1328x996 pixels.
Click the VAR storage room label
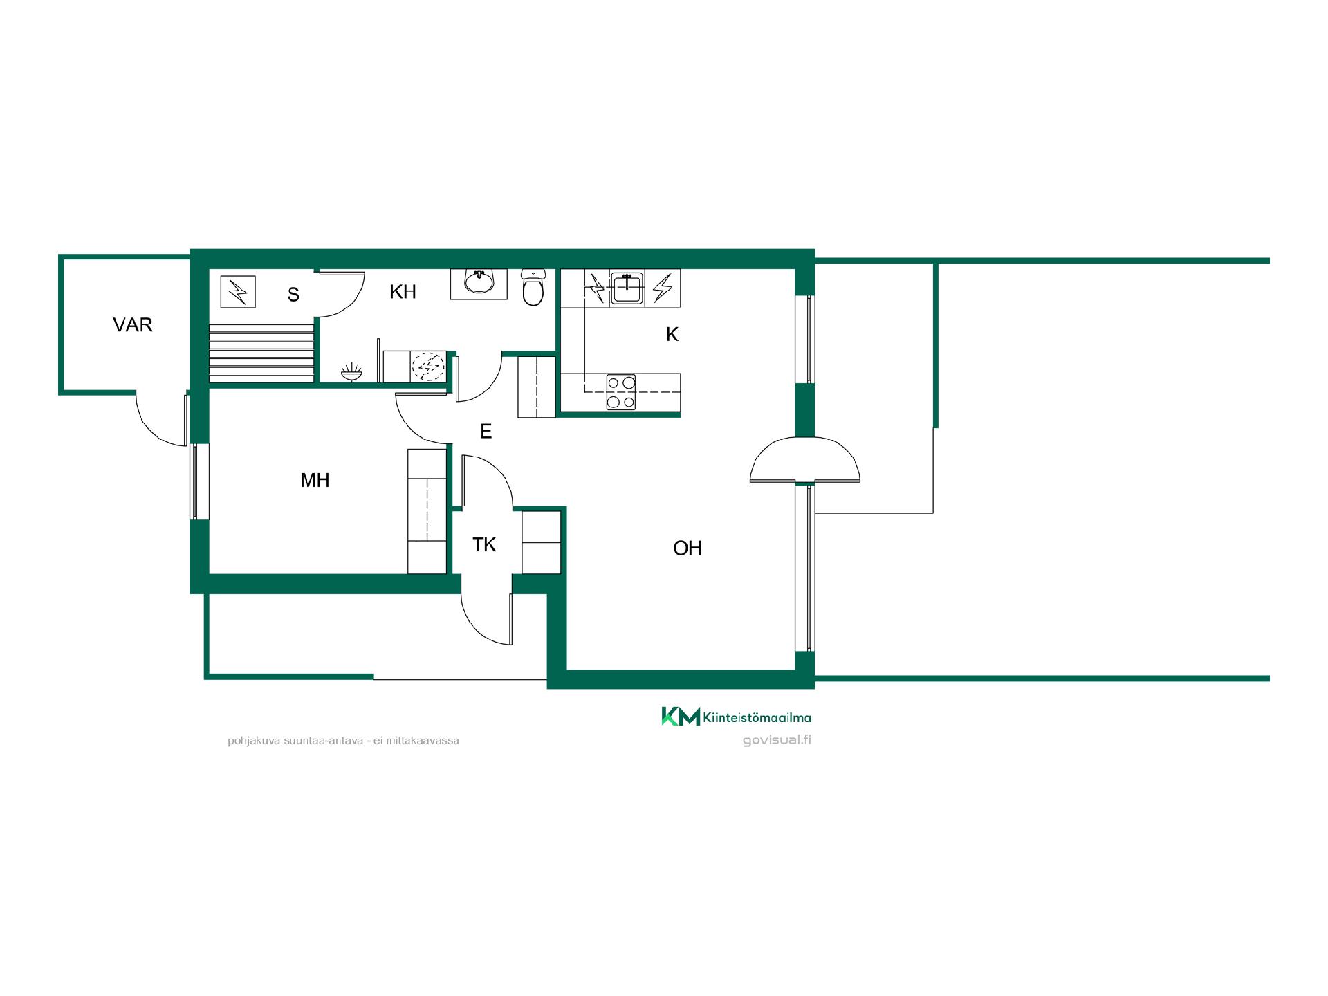pyautogui.click(x=133, y=324)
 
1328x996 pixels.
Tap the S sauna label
pyautogui.click(x=293, y=295)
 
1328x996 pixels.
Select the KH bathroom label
pyautogui.click(x=403, y=292)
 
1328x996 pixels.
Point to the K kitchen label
pyautogui.click(x=672, y=335)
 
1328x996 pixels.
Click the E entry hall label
pyautogui.click(x=486, y=432)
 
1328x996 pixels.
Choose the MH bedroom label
pyautogui.click(x=315, y=480)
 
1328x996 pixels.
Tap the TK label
pyautogui.click(x=484, y=545)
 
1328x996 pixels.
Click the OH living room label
pyautogui.click(x=688, y=548)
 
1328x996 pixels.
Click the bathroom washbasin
pyautogui.click(x=479, y=282)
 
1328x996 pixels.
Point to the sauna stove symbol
pyautogui.click(x=238, y=292)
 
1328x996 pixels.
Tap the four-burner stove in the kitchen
pyautogui.click(x=621, y=392)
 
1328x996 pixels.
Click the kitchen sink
pyautogui.click(x=627, y=288)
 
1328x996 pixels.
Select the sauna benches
pyautogui.click(x=261, y=352)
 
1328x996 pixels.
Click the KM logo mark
pyautogui.click(x=681, y=717)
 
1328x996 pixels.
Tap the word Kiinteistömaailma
pyautogui.click(x=757, y=717)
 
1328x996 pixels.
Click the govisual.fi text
pyautogui.click(x=777, y=740)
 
